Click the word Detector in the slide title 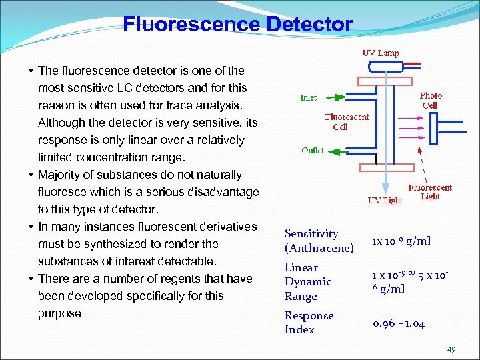coord(309,25)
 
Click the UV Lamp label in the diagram coord(381,53)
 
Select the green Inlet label coord(308,97)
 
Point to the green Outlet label coord(313,150)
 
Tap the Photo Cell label coord(431,101)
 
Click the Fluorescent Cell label coord(347,122)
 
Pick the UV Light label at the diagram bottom coord(385,200)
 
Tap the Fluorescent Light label coord(430,192)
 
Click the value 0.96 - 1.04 coord(399,323)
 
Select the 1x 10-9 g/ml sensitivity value coord(401,241)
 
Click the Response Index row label coord(309,323)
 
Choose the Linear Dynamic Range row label coord(307,282)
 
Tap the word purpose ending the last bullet coord(59,313)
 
